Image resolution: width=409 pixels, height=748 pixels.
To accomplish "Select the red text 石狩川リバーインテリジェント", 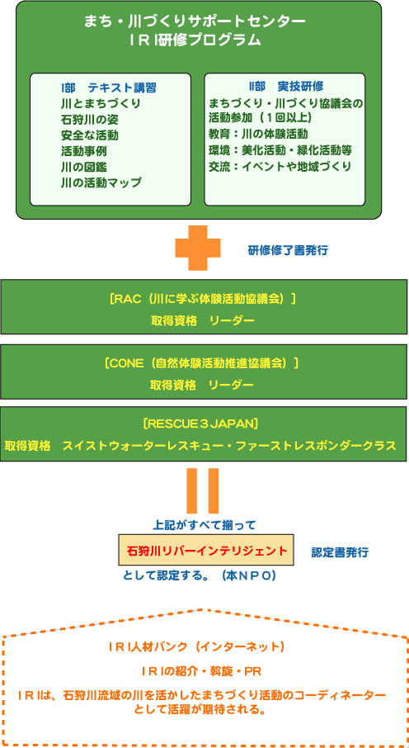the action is click(x=207, y=551).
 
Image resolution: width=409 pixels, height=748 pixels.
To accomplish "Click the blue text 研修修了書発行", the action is click(x=288, y=250).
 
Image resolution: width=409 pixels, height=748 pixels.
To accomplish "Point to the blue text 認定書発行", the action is click(x=340, y=552).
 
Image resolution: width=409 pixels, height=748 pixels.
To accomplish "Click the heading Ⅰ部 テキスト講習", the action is click(x=109, y=88).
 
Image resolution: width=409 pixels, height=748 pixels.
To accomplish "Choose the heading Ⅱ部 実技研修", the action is click(x=286, y=87).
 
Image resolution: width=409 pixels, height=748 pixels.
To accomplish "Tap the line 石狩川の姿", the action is click(x=90, y=119).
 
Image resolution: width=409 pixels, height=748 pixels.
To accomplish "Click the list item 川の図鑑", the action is click(x=84, y=167).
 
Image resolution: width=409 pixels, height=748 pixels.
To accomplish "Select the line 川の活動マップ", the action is click(x=101, y=182).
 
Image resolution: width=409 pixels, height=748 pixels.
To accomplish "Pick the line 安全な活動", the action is click(x=90, y=135).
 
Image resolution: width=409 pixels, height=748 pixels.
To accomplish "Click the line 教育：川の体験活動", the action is click(x=257, y=133).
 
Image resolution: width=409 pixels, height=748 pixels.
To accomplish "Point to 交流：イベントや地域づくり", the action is click(x=280, y=166).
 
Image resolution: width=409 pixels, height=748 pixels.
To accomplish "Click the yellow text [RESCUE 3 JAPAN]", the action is click(x=200, y=424).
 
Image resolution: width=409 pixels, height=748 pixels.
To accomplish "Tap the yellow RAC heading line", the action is click(x=203, y=299).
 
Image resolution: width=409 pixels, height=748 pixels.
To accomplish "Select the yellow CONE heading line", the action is click(x=203, y=363).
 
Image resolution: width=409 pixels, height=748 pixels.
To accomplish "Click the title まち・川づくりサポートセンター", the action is click(x=195, y=21).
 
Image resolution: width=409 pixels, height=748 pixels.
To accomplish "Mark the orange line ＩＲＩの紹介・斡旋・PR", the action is click(x=200, y=670).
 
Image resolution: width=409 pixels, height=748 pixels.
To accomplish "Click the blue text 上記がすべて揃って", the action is click(x=204, y=525).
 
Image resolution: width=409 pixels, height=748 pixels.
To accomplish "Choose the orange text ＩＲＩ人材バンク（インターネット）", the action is click(x=196, y=647).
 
